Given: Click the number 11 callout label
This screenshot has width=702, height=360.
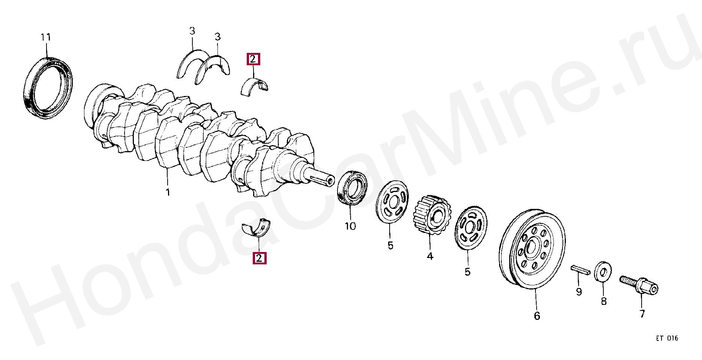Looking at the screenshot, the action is [45, 37].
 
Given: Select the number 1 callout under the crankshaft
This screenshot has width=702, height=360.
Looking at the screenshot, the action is [168, 192].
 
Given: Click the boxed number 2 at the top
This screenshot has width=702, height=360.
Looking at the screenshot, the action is [253, 59].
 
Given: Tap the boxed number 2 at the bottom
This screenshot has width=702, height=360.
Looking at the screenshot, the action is [259, 258].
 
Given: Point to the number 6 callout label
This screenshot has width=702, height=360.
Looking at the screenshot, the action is [537, 316].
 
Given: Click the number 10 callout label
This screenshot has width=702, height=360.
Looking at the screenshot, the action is [350, 226].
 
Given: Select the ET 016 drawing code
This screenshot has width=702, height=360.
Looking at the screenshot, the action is [667, 338].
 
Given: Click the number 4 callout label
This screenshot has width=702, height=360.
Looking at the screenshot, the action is [430, 256].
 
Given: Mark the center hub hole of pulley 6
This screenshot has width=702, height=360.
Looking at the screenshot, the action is [532, 249].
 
